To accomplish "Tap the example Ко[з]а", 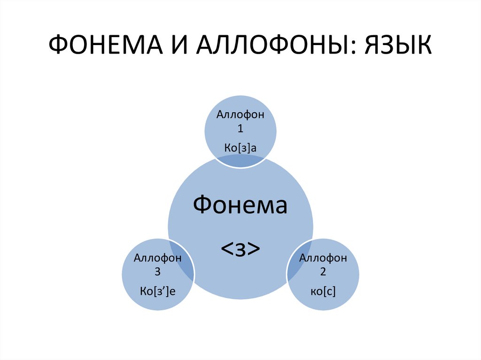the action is [240, 148].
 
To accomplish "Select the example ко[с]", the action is [323, 292].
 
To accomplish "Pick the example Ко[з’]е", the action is [158, 292].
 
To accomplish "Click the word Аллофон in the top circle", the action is [240, 115].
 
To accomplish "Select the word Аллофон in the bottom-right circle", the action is [323, 258].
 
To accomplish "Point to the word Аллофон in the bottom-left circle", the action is [158, 258].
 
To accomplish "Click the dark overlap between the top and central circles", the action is [240, 161].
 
